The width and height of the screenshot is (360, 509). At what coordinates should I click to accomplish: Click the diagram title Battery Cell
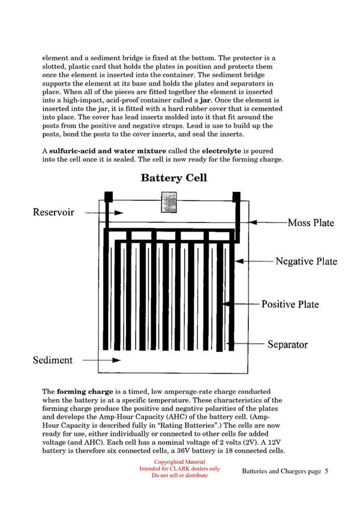pyautogui.click(x=173, y=177)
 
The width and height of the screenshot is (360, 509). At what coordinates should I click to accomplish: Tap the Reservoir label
pyautogui.click(x=53, y=212)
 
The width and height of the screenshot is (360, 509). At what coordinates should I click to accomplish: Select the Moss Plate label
pyautogui.click(x=310, y=222)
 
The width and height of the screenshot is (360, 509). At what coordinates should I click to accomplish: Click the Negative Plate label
pyautogui.click(x=306, y=261)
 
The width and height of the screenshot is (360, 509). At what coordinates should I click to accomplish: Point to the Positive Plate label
pyautogui.click(x=290, y=304)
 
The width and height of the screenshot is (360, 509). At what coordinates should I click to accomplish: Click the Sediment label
pyautogui.click(x=52, y=360)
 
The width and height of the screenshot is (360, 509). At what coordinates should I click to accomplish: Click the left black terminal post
pyautogui.click(x=109, y=197)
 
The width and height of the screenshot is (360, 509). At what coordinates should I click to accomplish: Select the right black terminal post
pyautogui.click(x=236, y=197)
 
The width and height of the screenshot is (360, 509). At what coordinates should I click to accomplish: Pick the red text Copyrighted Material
pyautogui.click(x=179, y=462)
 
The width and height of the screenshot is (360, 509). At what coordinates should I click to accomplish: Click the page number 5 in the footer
pyautogui.click(x=326, y=471)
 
